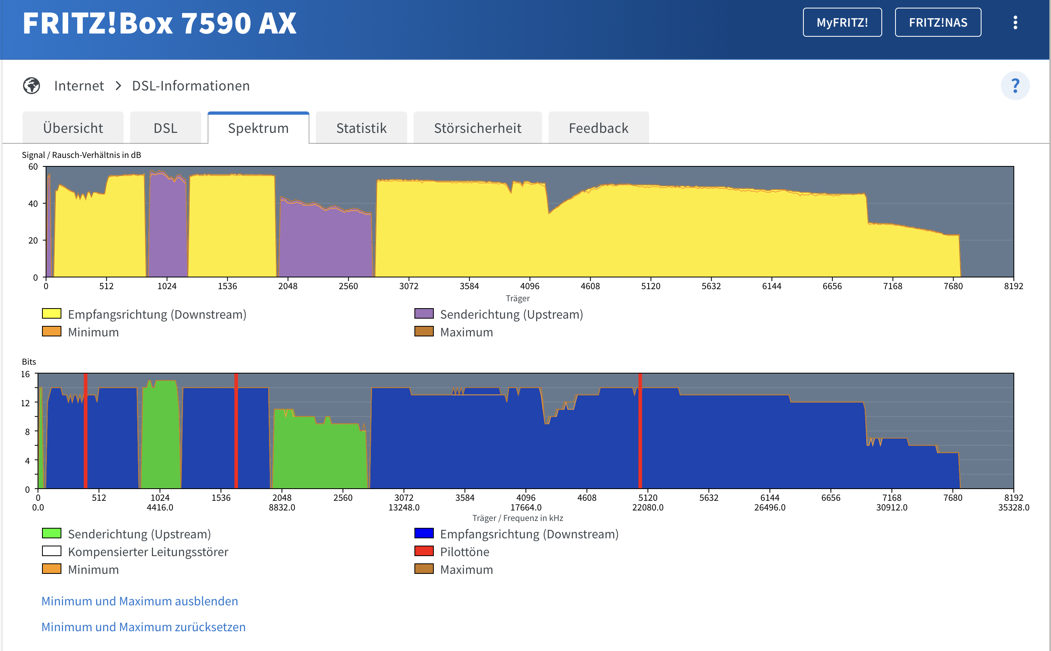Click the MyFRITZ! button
[x=842, y=22]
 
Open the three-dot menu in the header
[x=1015, y=22]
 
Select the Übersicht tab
[x=73, y=128]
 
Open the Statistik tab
[x=361, y=128]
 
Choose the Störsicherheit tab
[x=477, y=128]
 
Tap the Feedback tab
[x=599, y=128]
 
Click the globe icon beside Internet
[x=32, y=86]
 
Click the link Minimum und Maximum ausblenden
[x=139, y=601]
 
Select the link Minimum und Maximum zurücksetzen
[x=143, y=627]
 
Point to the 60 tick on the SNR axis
[x=33, y=167]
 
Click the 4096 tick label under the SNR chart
[x=530, y=286]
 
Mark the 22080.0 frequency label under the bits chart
[x=647, y=508]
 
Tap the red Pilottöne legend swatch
[x=424, y=551]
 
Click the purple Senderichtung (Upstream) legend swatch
[x=424, y=313]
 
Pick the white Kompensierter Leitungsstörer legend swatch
[x=52, y=551]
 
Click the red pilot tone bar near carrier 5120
[x=640, y=431]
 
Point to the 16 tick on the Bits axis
[x=25, y=374]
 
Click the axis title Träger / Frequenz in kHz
[x=517, y=519]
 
